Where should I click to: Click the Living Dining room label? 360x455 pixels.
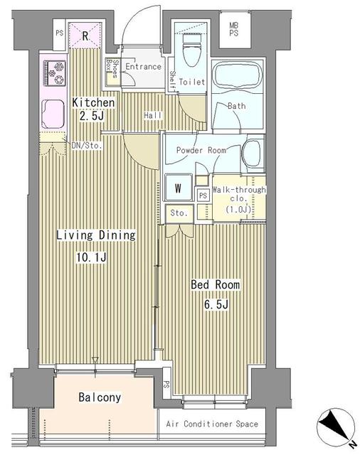96,235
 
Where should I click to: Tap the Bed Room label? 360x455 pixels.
215,284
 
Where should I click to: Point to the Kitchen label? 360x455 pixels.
93,103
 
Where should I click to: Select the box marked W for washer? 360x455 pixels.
178,189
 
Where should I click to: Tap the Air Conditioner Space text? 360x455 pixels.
210,424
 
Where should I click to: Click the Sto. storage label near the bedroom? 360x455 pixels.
178,213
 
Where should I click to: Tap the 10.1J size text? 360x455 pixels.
93,257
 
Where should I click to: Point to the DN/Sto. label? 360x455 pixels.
87,146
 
